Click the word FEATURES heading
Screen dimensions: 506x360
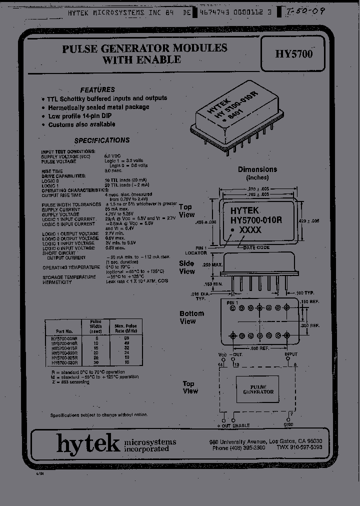(x=97, y=89)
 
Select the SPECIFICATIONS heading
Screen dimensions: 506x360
(x=102, y=140)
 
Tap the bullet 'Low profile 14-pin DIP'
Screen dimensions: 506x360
(x=81, y=115)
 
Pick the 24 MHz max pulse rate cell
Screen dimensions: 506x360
(x=126, y=352)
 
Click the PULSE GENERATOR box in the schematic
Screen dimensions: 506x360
(x=258, y=389)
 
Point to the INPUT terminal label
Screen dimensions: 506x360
(x=291, y=354)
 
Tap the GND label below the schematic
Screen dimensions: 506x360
(x=289, y=425)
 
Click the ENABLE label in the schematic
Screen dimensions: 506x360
(x=240, y=425)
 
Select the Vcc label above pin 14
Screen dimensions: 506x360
(x=222, y=354)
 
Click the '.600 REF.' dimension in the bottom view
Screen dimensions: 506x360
(x=258, y=348)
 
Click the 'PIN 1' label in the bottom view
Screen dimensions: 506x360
(x=232, y=303)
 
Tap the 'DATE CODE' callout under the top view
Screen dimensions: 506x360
(x=255, y=247)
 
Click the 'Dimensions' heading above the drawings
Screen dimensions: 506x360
(x=257, y=169)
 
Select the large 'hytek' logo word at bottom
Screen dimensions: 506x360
(x=88, y=443)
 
